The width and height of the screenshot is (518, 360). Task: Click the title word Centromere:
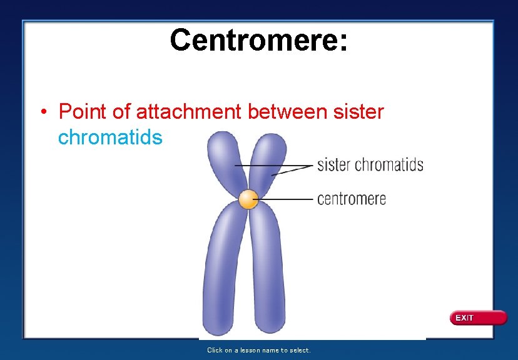click(258, 40)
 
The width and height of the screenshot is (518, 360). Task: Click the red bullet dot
click(43, 113)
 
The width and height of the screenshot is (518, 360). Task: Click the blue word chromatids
click(109, 137)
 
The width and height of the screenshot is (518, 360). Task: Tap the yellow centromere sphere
click(248, 200)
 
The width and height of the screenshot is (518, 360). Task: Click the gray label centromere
click(352, 199)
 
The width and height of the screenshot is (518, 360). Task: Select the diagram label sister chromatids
click(370, 166)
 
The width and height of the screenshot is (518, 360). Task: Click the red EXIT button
click(478, 318)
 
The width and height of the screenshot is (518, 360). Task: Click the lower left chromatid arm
click(222, 269)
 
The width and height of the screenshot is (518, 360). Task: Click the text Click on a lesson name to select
click(258, 350)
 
